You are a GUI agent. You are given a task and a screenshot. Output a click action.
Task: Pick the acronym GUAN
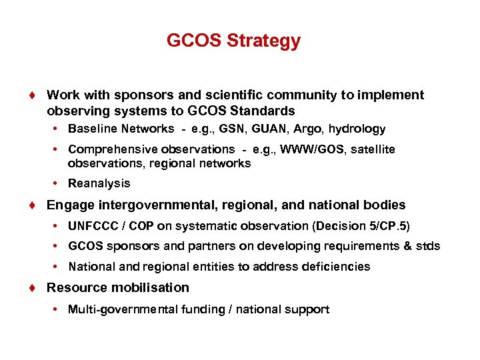[269, 129]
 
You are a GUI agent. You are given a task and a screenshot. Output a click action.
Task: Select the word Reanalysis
[99, 183]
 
